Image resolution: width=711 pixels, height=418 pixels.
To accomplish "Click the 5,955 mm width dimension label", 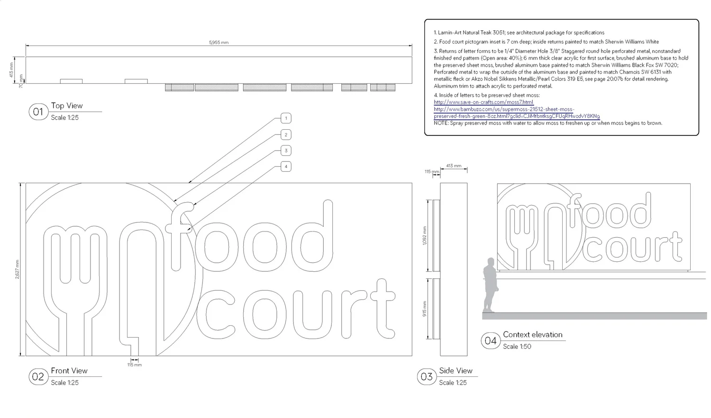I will tap(219, 43).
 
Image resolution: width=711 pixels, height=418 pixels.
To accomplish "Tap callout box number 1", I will tap(286, 118).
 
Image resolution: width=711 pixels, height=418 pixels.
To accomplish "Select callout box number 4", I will tap(286, 167).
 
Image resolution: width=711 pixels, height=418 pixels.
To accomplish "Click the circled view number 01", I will tap(38, 112).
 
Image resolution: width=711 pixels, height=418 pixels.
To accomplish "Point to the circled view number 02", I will tap(38, 377).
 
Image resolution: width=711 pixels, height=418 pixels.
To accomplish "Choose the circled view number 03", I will tap(427, 377).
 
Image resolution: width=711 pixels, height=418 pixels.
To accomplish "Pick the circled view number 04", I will tap(490, 341).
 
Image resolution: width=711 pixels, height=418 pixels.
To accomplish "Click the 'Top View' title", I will tap(67, 106).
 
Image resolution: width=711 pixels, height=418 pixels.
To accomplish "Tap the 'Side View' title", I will tap(456, 371).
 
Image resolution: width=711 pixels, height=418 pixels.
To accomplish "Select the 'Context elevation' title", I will tap(532, 335).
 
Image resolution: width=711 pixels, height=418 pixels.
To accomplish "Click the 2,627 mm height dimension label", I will tap(18, 269).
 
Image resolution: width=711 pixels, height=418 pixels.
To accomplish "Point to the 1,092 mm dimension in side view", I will tap(425, 235).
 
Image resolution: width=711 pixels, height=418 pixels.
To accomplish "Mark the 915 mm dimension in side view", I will tap(425, 309).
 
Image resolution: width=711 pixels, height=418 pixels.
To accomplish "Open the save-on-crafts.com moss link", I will tap(483, 102).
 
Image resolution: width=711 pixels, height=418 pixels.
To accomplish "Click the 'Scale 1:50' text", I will tap(517, 347).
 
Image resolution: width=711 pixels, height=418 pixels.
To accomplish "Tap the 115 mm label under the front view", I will tap(135, 365).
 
